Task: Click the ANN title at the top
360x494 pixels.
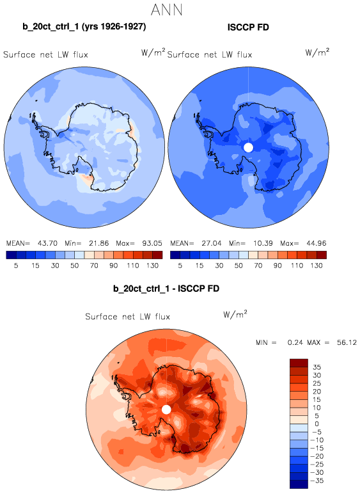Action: tap(166, 10)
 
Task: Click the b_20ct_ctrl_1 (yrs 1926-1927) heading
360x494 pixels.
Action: tap(84, 27)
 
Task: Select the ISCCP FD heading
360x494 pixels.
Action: tap(248, 28)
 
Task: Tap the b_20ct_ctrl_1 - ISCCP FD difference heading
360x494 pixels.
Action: tap(166, 289)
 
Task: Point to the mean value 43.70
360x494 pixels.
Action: tap(47, 243)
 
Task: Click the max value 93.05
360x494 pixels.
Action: tap(152, 243)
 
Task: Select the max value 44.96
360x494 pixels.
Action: tap(317, 243)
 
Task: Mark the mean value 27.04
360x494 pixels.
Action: tap(211, 243)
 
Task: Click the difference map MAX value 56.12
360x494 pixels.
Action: tap(347, 342)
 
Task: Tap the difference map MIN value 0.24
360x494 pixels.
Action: tap(295, 342)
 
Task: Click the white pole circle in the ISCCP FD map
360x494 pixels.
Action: tap(248, 147)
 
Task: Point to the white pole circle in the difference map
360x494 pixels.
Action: tap(166, 410)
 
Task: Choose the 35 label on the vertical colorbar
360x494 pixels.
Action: tap(317, 367)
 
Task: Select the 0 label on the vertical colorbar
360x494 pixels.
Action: tap(317, 424)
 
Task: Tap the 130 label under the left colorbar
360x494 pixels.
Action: tap(152, 266)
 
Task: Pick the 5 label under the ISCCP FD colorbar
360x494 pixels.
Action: tap(180, 266)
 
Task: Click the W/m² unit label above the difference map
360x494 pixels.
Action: tap(235, 314)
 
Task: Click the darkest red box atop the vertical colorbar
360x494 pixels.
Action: tap(299, 363)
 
